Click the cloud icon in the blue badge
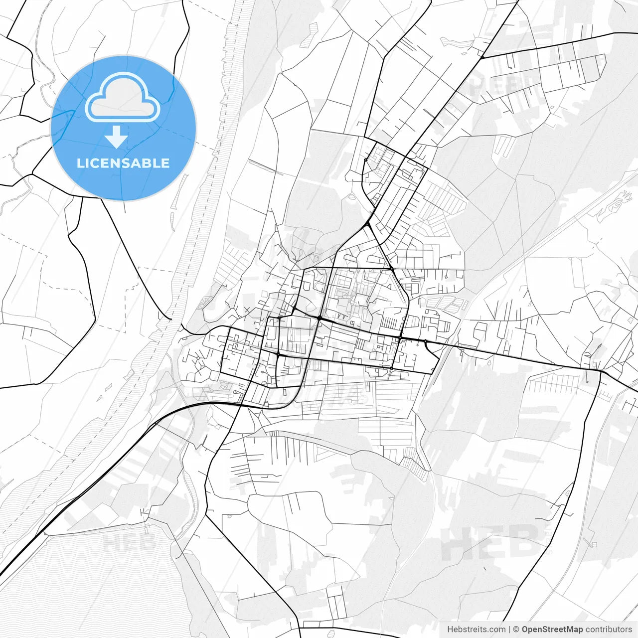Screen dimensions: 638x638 pyautogui.click(x=123, y=98)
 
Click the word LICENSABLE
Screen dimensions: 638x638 pyautogui.click(x=123, y=163)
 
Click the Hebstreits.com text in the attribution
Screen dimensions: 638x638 pyautogui.click(x=476, y=630)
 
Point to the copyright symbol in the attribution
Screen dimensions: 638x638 pyautogui.click(x=516, y=630)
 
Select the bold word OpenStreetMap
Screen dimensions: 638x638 pyautogui.click(x=552, y=630)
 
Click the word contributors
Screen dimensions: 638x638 pyautogui.click(x=609, y=630)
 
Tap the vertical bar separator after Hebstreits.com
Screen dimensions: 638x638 pyautogui.click(x=509, y=630)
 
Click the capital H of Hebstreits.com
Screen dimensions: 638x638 pyautogui.click(x=450, y=630)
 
